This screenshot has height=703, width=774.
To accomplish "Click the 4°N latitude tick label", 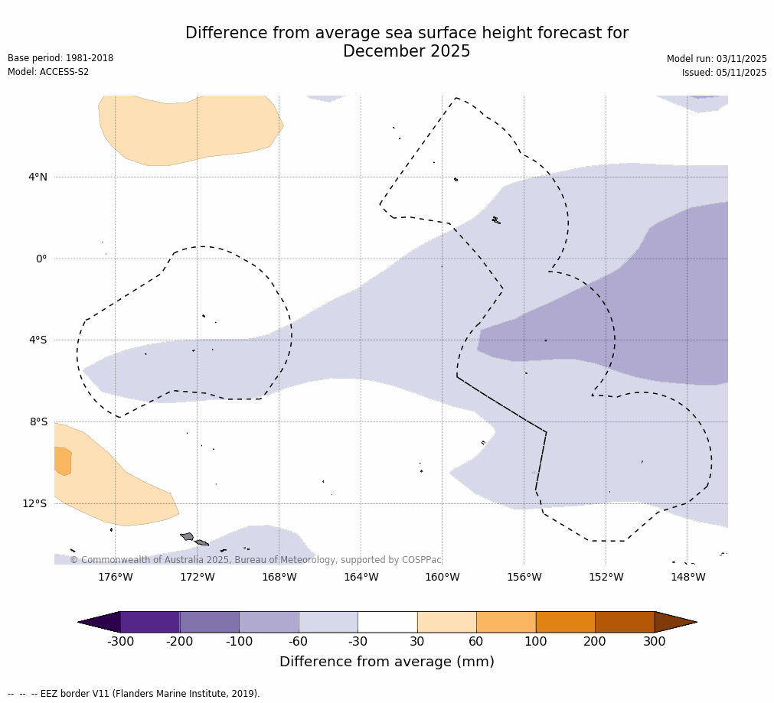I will click(x=38, y=177).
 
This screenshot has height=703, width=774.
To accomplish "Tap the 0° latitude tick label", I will click(x=41, y=259).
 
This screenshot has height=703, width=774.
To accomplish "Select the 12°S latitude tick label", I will click(x=34, y=503).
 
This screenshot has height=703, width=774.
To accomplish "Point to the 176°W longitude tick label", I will click(x=115, y=577).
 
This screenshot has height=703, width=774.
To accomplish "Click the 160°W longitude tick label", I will click(x=442, y=577).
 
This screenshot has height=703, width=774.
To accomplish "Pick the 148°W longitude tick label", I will click(x=687, y=577).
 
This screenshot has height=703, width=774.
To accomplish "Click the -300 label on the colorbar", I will click(x=120, y=642).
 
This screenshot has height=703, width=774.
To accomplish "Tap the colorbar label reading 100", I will click(x=535, y=642).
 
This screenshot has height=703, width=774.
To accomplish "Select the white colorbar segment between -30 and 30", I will click(x=387, y=622).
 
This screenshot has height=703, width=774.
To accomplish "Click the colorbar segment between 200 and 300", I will click(x=625, y=622).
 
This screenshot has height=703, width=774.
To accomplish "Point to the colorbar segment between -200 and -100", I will click(x=209, y=622).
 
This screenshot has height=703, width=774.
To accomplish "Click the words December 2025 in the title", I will click(x=407, y=52).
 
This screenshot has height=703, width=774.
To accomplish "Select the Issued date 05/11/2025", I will click(x=740, y=73).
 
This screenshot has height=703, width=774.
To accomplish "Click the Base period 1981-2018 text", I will click(x=60, y=58).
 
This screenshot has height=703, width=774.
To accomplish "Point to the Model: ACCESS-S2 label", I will click(x=48, y=72).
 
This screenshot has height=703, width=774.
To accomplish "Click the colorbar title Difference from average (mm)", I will click(x=387, y=662).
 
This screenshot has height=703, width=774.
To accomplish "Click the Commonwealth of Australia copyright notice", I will click(x=256, y=560).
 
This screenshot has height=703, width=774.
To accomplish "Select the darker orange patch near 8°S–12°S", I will click(x=63, y=461).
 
